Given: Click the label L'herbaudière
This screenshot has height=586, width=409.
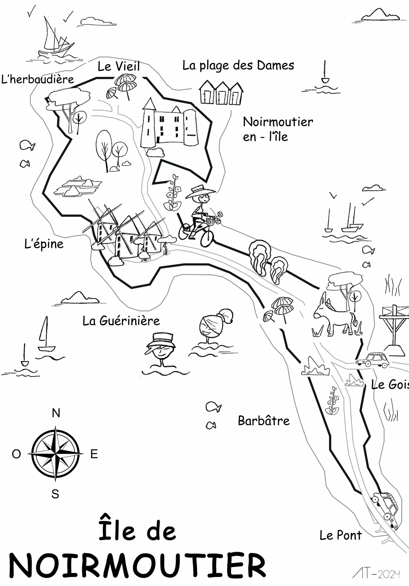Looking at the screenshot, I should click(38, 79).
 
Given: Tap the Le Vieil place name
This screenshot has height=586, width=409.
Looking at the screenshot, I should click(119, 66).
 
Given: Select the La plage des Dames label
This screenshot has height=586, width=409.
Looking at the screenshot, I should click(238, 66).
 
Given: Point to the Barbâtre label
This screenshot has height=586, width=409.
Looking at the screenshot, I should click(264, 421).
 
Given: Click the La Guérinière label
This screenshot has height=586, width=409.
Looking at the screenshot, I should click(121, 321).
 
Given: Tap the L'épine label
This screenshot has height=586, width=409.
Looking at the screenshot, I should click(44, 244).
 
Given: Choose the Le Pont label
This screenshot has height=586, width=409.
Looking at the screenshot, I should click(341, 535).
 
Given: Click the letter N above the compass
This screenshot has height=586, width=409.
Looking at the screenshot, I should click(56, 413).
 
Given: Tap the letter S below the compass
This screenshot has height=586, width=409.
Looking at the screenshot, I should click(55, 494).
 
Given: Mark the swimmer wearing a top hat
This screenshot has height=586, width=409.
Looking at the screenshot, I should click(160, 349).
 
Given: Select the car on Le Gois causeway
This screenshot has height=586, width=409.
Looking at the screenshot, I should click(372, 360).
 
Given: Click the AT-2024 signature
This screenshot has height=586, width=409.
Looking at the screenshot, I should click(376, 573).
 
